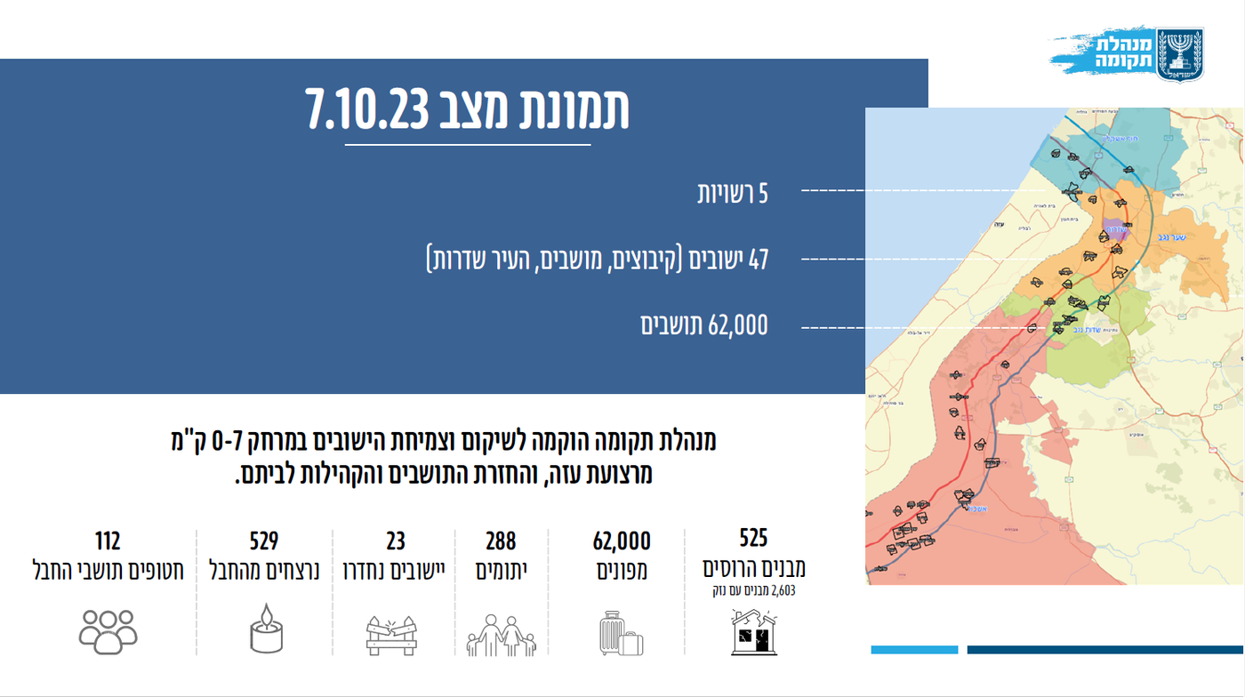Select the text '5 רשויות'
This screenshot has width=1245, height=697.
tap(732, 193)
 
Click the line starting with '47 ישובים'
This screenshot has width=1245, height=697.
tap(597, 260)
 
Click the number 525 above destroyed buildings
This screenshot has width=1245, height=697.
tap(753, 538)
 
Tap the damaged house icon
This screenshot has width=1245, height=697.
tap(753, 632)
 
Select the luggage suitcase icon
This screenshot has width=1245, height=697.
tap(621, 633)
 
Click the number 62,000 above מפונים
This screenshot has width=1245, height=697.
tap(622, 541)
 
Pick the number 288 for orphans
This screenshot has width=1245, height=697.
tap(501, 541)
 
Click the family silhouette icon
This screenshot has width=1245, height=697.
tap(502, 634)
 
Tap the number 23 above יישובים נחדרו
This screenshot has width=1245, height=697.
tap(396, 541)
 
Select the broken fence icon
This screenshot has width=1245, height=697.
tap(391, 634)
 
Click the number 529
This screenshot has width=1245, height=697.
tap(264, 541)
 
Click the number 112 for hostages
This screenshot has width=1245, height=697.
tap(108, 541)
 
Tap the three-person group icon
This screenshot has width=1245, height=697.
tap(108, 630)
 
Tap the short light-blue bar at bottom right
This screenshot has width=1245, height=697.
tap(914, 650)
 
